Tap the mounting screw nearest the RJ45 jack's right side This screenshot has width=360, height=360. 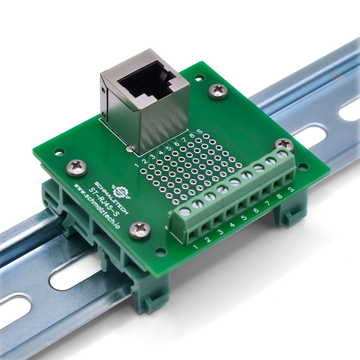point(218,91)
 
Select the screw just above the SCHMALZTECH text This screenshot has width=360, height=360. point(76,168)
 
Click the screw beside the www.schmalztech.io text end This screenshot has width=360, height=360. point(140,231)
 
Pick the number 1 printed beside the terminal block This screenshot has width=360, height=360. point(196,247)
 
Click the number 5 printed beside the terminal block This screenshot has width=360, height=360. point(244,217)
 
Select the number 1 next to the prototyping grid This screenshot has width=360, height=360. point(137,165)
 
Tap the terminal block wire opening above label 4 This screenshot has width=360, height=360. point(230,214)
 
